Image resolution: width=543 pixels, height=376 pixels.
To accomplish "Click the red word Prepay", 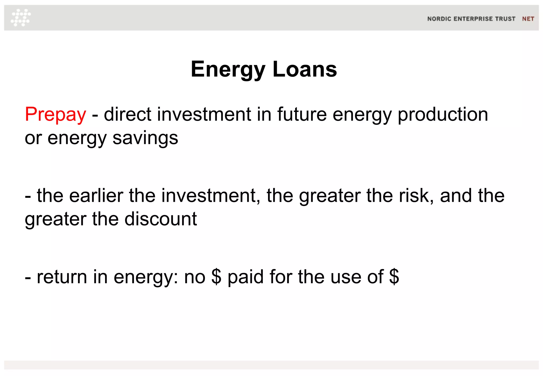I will [x=55, y=115].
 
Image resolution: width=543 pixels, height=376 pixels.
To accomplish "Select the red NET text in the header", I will [x=528, y=19].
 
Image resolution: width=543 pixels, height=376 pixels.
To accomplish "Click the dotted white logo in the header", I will [x=21, y=18].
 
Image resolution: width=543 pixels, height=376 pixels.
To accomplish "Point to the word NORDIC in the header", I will [x=439, y=19].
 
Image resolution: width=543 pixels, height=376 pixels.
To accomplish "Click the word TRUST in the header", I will [x=505, y=19].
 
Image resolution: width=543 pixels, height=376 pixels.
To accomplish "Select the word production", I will [x=443, y=115].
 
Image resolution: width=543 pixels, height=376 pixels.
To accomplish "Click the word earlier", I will [x=96, y=196].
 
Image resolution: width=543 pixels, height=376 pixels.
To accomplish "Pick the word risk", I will [x=416, y=196].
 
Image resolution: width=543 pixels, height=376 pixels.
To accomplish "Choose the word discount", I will [x=161, y=219].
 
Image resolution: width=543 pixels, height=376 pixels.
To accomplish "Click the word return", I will [x=62, y=277].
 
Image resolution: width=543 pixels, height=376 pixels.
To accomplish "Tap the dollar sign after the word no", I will [x=216, y=277].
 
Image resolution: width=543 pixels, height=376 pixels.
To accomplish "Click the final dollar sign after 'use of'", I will [x=394, y=277].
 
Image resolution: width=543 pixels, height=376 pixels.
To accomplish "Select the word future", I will [x=302, y=115].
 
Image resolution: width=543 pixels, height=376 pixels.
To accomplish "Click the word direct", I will [x=127, y=115].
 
